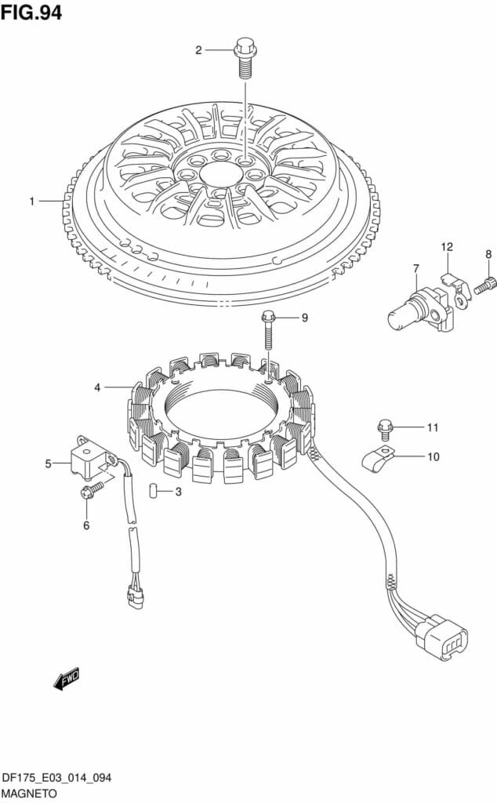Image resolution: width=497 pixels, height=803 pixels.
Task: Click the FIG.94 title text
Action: coord(31,13)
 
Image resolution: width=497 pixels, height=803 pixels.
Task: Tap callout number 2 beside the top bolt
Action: coord(198,50)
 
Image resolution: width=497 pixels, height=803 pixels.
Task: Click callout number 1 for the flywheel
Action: coord(32,202)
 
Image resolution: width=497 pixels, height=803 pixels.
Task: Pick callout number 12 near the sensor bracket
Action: coord(446,248)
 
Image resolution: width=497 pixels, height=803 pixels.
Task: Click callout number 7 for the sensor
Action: coord(416,269)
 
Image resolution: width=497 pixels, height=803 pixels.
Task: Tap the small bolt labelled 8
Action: coord(484,285)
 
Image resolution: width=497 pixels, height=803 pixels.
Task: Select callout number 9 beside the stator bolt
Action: coord(305,318)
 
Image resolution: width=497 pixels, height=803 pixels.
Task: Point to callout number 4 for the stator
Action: coord(97,387)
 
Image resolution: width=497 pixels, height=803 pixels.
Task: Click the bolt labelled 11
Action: coord(384,428)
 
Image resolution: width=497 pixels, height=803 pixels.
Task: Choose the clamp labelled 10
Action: coord(377,457)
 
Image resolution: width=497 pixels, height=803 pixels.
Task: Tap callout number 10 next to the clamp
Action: coord(433,456)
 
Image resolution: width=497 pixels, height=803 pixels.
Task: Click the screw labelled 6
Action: coord(92,490)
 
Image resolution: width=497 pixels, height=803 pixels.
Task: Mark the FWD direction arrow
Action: coord(67,678)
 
